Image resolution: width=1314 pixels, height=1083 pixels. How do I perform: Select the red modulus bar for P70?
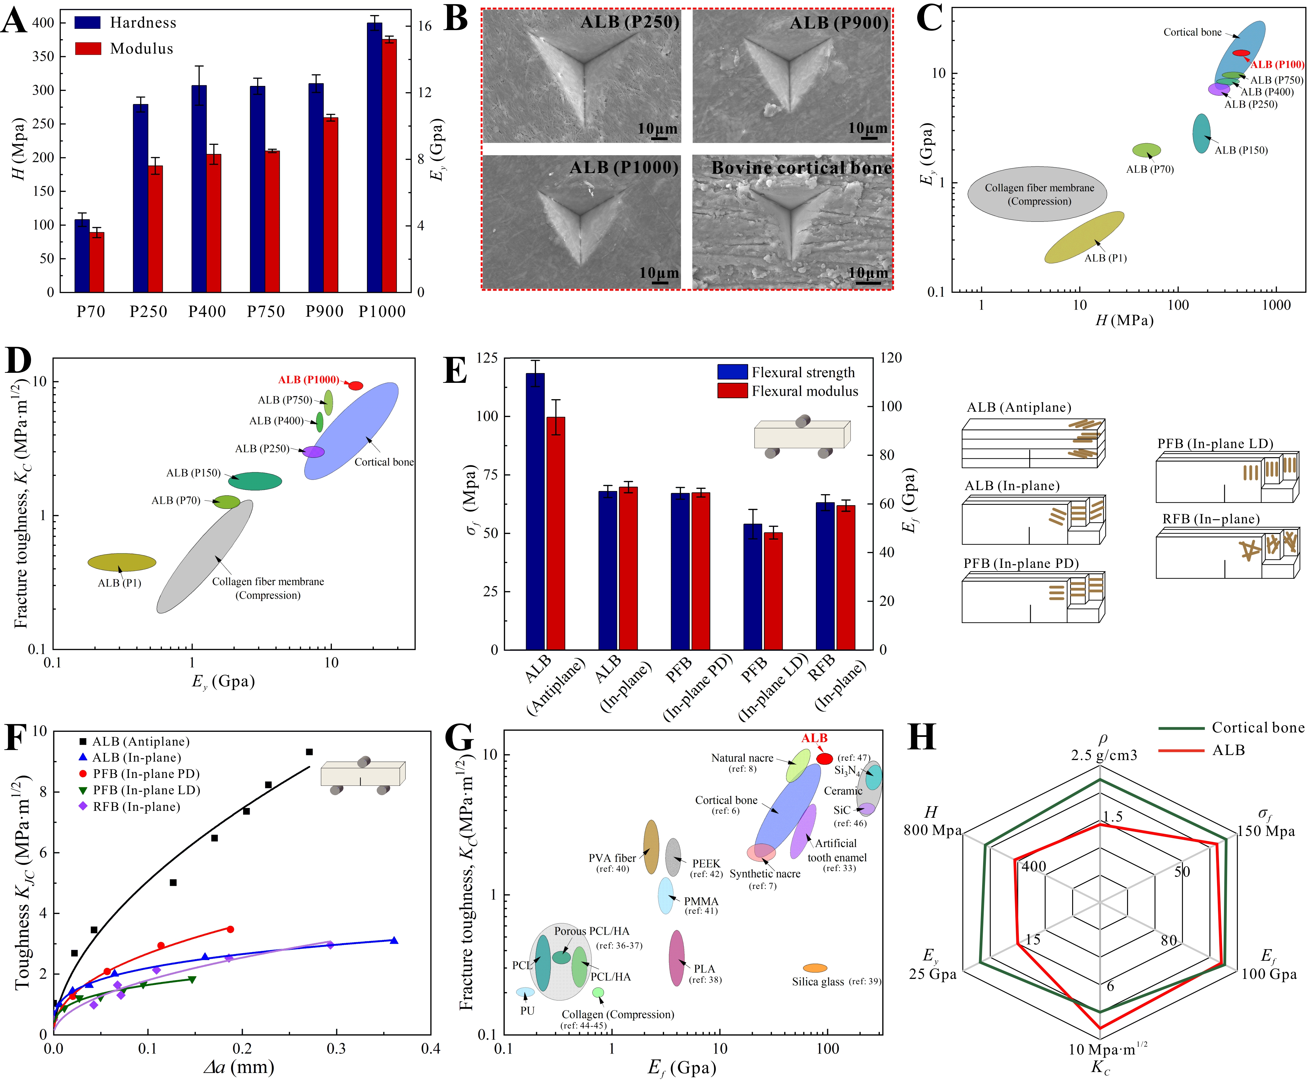click(97, 262)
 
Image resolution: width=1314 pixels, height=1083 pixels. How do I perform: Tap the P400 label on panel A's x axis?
click(207, 311)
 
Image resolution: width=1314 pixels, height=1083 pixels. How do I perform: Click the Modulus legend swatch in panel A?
click(88, 49)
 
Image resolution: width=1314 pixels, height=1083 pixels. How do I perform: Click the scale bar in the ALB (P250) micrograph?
click(659, 138)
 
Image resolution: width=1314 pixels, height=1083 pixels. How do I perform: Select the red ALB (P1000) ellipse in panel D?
click(356, 386)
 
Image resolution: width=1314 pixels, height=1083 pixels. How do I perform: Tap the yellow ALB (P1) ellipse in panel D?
click(122, 562)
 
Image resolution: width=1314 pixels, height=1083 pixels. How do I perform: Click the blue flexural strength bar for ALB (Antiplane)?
click(535, 511)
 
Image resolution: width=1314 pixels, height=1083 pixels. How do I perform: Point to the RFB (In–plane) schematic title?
click(1210, 519)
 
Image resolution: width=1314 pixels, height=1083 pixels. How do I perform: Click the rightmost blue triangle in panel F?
click(394, 940)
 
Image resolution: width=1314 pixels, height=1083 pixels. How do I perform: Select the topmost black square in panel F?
click(309, 752)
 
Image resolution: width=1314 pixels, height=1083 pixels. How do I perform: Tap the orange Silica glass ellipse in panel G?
click(815, 968)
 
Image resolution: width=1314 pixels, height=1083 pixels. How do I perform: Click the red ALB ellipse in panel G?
click(825, 758)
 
